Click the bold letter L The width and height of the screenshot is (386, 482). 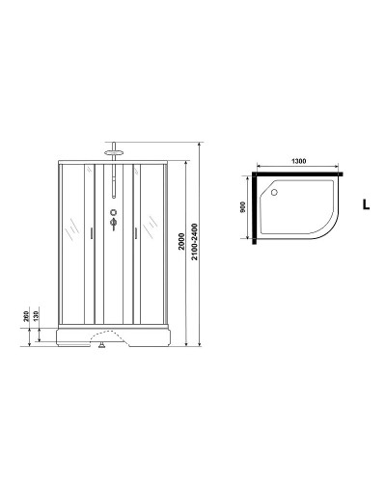365,204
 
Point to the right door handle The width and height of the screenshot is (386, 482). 136,231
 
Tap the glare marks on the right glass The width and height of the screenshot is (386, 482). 150,230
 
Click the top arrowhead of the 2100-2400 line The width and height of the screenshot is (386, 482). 201,143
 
